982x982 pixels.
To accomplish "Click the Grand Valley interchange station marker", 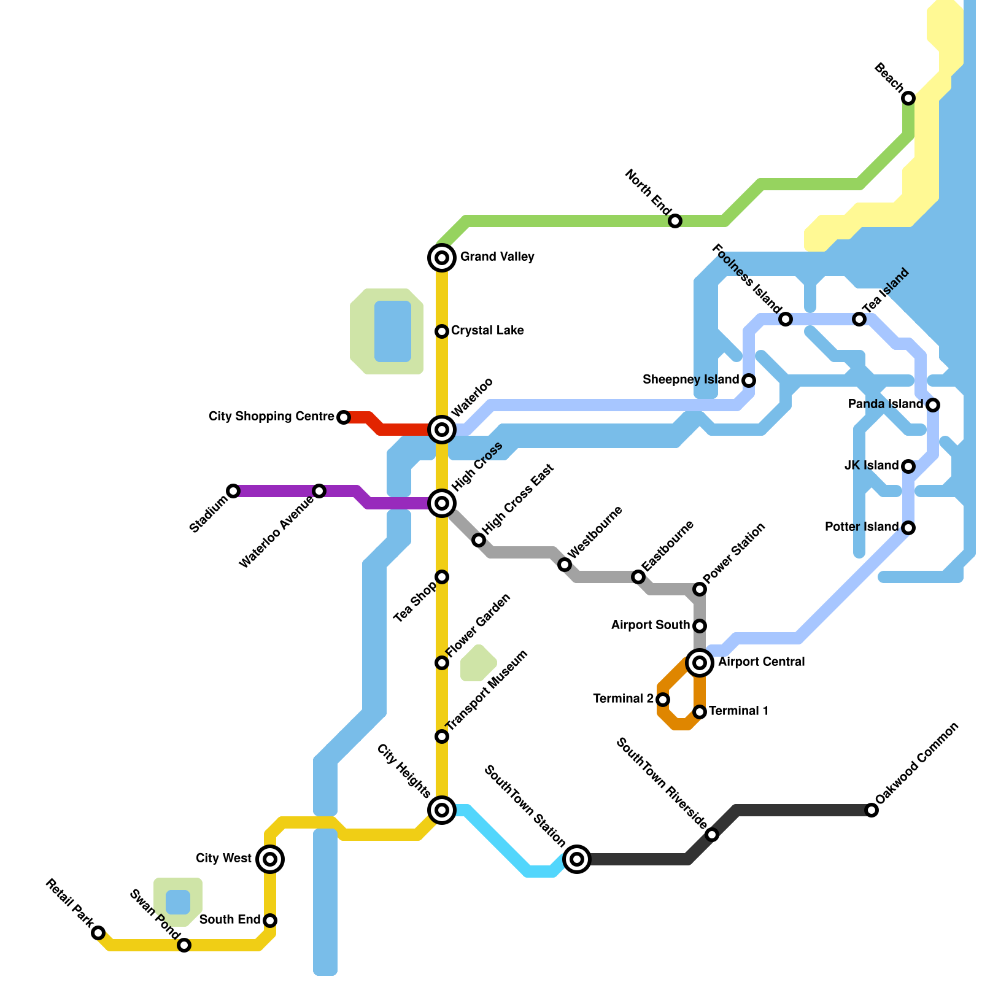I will pos(442,258).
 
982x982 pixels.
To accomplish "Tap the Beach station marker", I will pos(908,98).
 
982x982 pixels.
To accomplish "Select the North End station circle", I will pos(675,221).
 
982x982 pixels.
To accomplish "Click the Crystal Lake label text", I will pos(487,331).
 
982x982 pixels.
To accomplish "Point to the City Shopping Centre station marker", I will pos(344,417).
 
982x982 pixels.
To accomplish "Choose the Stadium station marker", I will pos(233,491).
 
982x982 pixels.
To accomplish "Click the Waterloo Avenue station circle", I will pos(319,491).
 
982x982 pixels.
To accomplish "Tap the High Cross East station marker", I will pos(479,540).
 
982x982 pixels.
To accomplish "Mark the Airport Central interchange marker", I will pos(700,663).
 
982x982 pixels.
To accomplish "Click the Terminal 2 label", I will pos(623,699).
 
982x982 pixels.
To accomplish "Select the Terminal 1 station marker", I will pos(700,712).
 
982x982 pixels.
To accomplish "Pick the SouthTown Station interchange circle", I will pos(577,859).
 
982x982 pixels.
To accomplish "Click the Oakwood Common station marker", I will pos(872,810).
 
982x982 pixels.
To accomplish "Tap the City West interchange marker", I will pos(270,859).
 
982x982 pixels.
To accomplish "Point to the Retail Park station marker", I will pos(98,933).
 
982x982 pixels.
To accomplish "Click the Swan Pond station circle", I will pos(184,945).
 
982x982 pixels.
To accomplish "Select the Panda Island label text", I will pos(885,404).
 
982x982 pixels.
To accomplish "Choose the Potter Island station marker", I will pos(908,528).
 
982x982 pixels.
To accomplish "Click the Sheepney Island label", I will pos(690,380).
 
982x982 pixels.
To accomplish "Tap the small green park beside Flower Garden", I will pos(478,663).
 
